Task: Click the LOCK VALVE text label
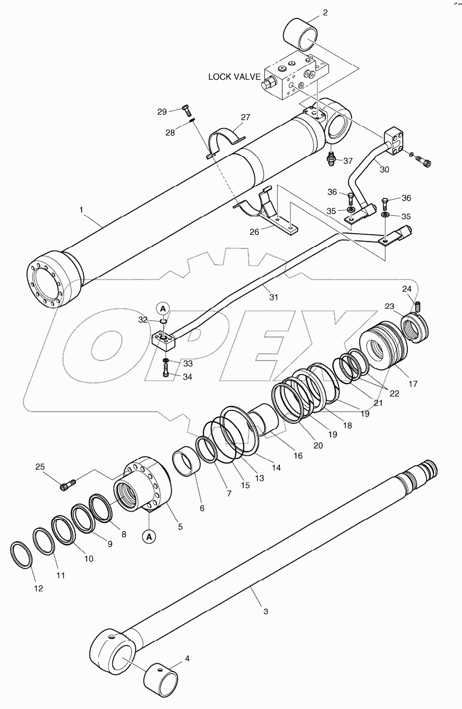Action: tap(234, 77)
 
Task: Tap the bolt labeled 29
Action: tap(187, 110)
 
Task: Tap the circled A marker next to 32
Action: tap(163, 308)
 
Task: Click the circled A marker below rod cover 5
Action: tap(149, 537)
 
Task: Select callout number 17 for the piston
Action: tap(413, 384)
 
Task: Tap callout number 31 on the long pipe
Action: tap(273, 297)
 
